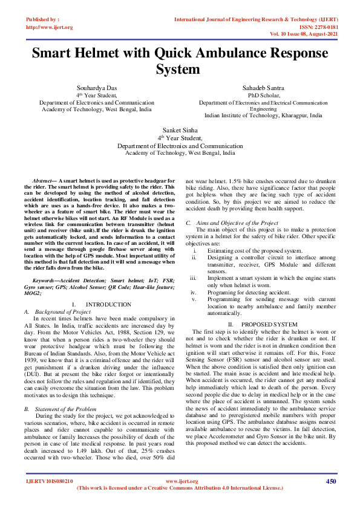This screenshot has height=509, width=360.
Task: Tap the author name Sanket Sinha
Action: pyautogui.click(x=180, y=130)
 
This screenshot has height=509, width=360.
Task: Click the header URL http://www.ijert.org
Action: pyautogui.click(x=50, y=27)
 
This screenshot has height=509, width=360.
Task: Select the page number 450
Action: pyautogui.click(x=330, y=481)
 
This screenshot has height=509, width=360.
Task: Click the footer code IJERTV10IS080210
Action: pyautogui.click(x=50, y=481)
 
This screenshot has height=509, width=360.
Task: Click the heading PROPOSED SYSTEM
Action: pyautogui.click(x=269, y=325)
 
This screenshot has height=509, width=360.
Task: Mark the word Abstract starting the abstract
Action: pyautogui.click(x=42, y=181)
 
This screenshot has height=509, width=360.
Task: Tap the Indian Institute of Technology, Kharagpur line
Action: pyautogui.click(x=263, y=116)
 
